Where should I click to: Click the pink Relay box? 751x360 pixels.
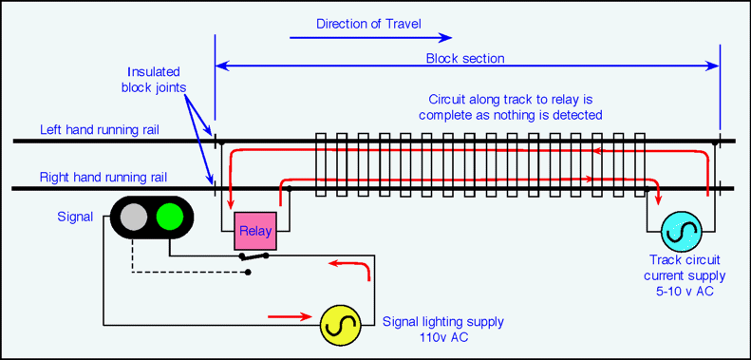254,231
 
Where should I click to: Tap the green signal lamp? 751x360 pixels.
170,218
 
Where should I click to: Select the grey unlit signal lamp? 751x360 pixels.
134,218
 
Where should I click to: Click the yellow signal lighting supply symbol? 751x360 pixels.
341,325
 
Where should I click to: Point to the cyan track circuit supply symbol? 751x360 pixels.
682,232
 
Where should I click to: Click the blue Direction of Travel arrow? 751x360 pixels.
370,37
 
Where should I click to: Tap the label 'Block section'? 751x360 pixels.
465,59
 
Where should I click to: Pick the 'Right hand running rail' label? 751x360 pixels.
103,177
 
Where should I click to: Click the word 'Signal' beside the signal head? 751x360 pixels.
75,217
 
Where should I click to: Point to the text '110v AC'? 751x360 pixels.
442,337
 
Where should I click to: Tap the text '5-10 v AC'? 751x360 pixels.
685,291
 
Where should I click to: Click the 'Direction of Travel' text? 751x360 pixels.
368,24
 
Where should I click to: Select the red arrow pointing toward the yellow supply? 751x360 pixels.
291,316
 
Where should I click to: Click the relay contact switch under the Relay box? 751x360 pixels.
253,256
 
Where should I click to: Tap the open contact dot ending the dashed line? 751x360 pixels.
248,273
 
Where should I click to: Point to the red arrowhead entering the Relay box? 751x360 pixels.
231,205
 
